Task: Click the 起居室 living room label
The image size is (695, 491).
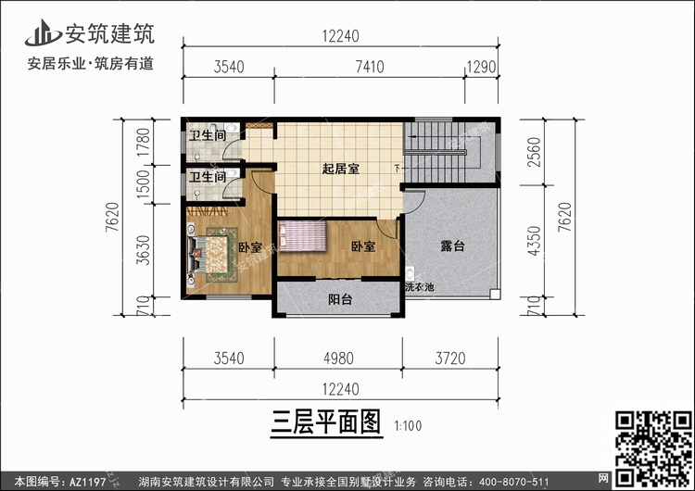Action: click(x=341, y=170)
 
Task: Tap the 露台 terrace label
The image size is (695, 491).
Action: click(x=451, y=246)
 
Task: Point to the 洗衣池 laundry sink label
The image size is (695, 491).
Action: click(x=419, y=286)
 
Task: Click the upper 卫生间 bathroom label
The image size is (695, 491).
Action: click(x=208, y=136)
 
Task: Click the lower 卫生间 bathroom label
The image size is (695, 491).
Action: click(x=208, y=177)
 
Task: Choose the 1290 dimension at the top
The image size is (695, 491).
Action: click(x=482, y=67)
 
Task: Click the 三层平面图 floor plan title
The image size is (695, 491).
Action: click(x=326, y=423)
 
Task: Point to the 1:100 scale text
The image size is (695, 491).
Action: click(x=408, y=427)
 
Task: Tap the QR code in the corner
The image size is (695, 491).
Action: click(x=653, y=441)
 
